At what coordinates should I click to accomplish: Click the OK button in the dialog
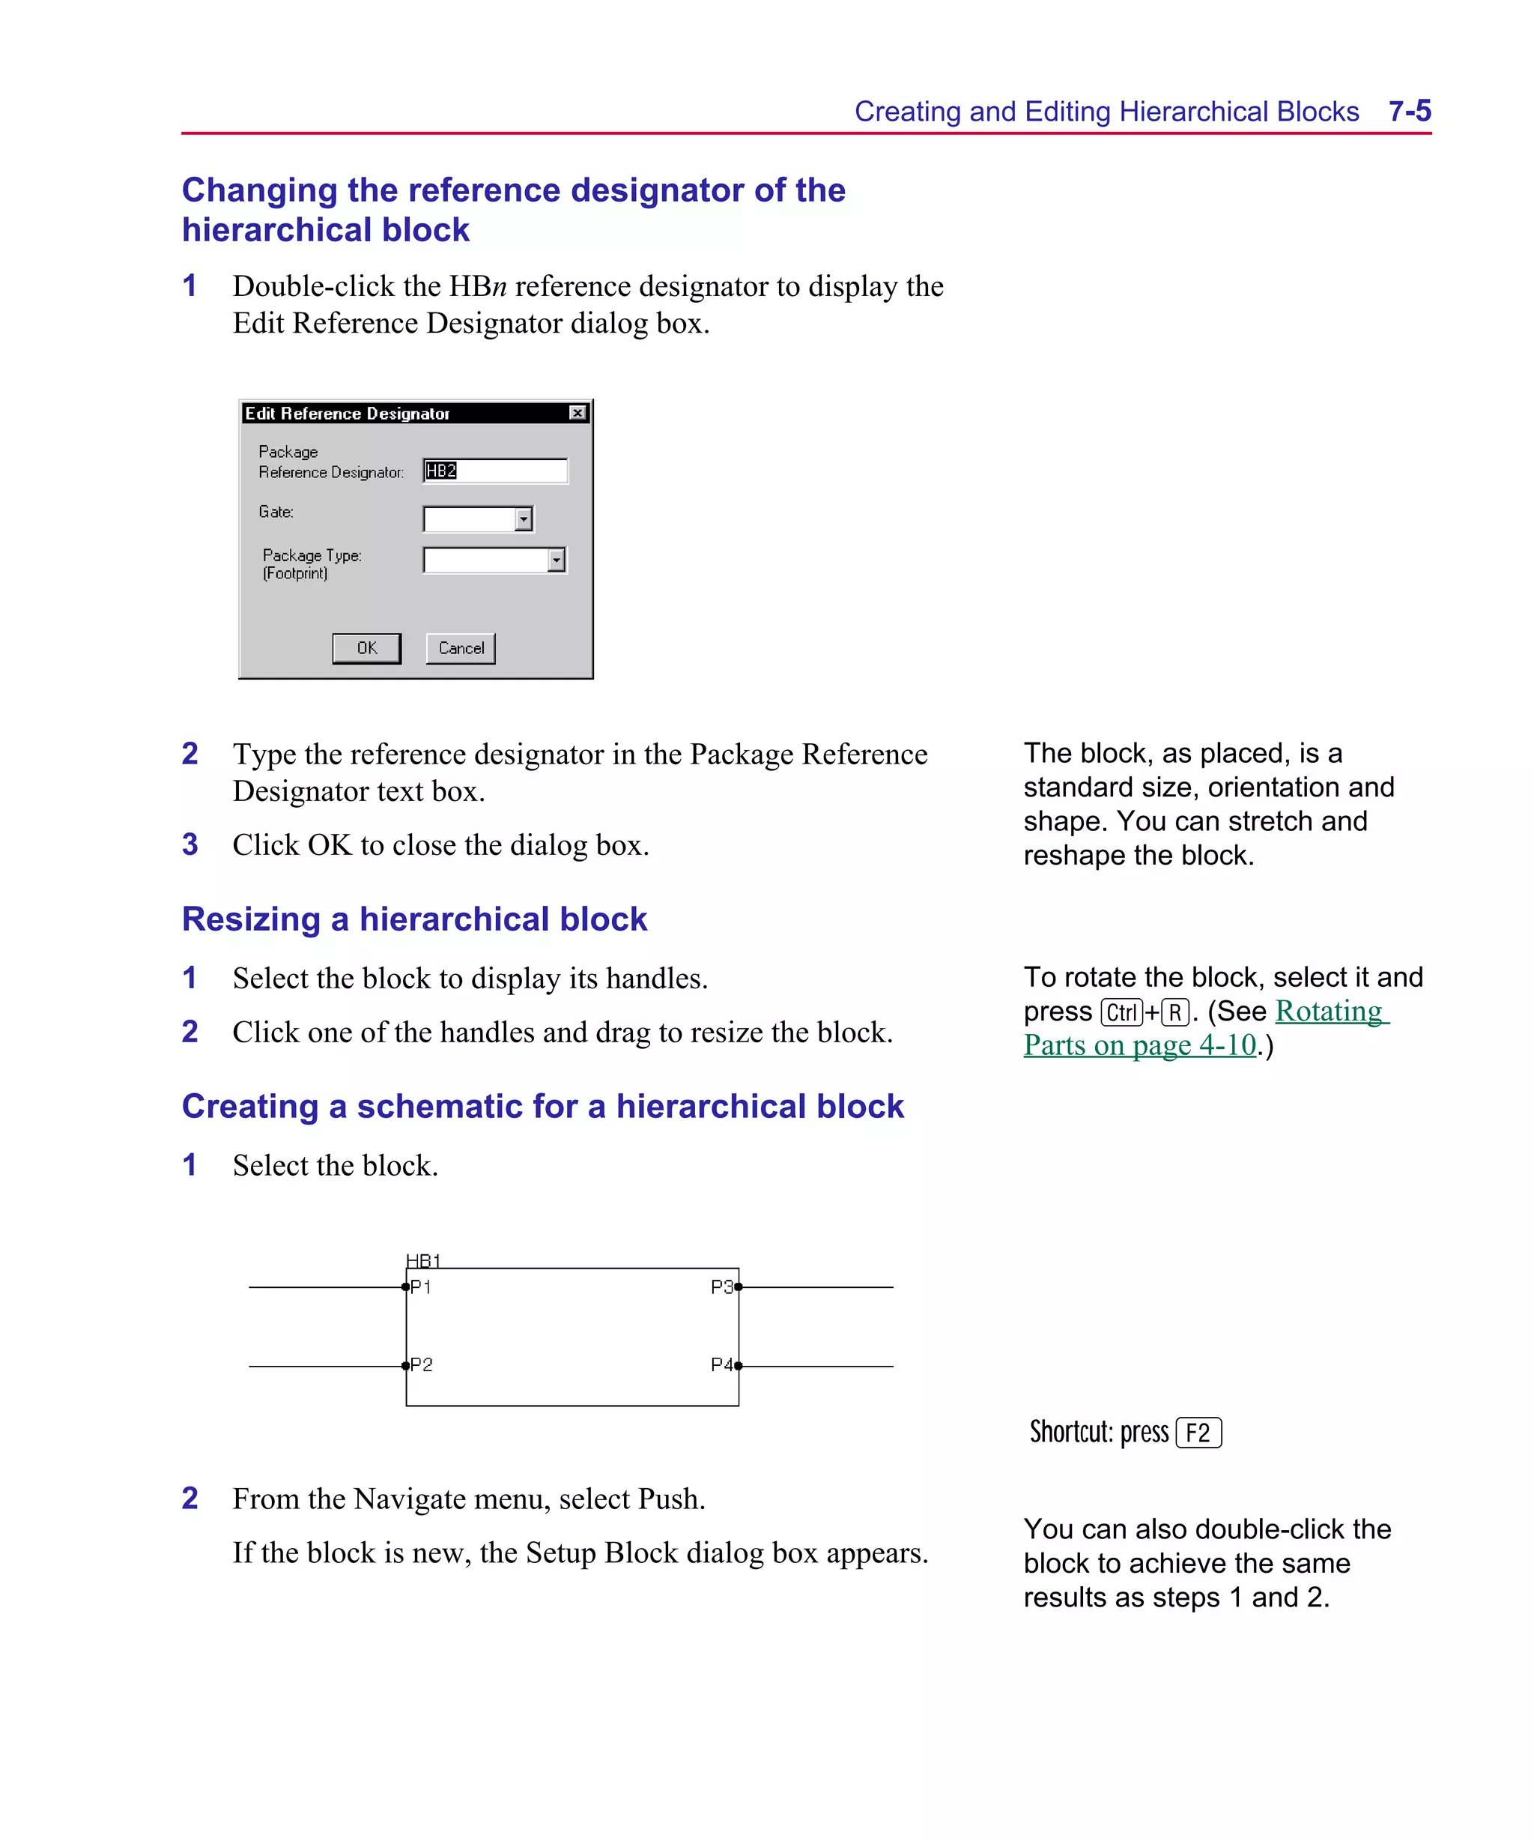coord(366,648)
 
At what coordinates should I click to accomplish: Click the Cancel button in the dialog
coord(460,648)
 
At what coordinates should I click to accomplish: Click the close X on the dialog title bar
coord(577,413)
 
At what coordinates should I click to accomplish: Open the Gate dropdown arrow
coord(524,519)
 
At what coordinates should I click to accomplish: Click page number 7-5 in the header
coord(1409,112)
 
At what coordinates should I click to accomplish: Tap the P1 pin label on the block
coord(422,1287)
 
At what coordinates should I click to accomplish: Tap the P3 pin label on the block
coord(721,1287)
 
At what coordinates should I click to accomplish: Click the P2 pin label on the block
coord(422,1365)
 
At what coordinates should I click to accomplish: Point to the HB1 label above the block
coord(423,1260)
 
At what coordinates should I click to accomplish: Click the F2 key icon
coord(1198,1433)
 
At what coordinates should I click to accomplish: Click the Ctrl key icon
coord(1121,1012)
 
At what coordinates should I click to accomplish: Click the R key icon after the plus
coord(1174,1012)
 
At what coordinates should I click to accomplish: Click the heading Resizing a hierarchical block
coord(413,919)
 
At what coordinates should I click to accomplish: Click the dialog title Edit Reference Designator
coord(347,413)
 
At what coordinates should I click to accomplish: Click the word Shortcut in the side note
coord(1070,1433)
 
